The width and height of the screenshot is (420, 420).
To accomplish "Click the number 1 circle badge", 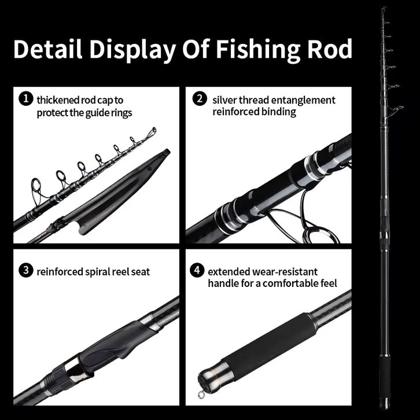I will click(x=25, y=99).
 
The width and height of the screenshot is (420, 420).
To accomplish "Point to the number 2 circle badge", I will click(x=200, y=98).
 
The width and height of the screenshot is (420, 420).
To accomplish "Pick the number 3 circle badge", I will click(x=25, y=270).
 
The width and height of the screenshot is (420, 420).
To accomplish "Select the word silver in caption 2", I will click(x=225, y=100).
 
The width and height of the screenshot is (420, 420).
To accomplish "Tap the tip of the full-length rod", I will click(x=382, y=10).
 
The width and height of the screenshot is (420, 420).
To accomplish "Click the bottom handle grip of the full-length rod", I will click(x=385, y=376).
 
